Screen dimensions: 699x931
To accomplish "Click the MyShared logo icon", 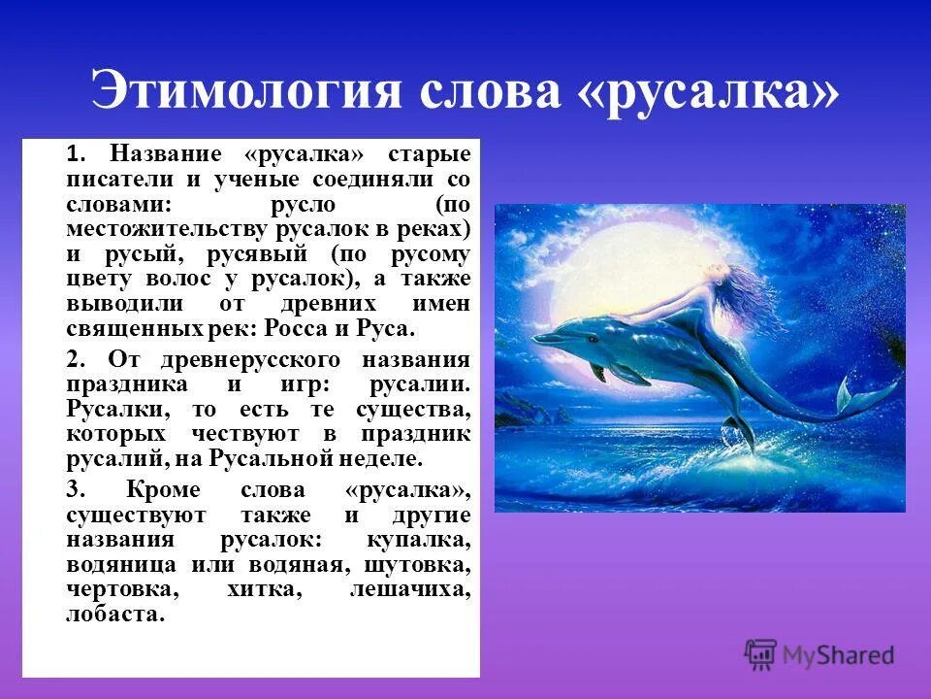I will point(761,653).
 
